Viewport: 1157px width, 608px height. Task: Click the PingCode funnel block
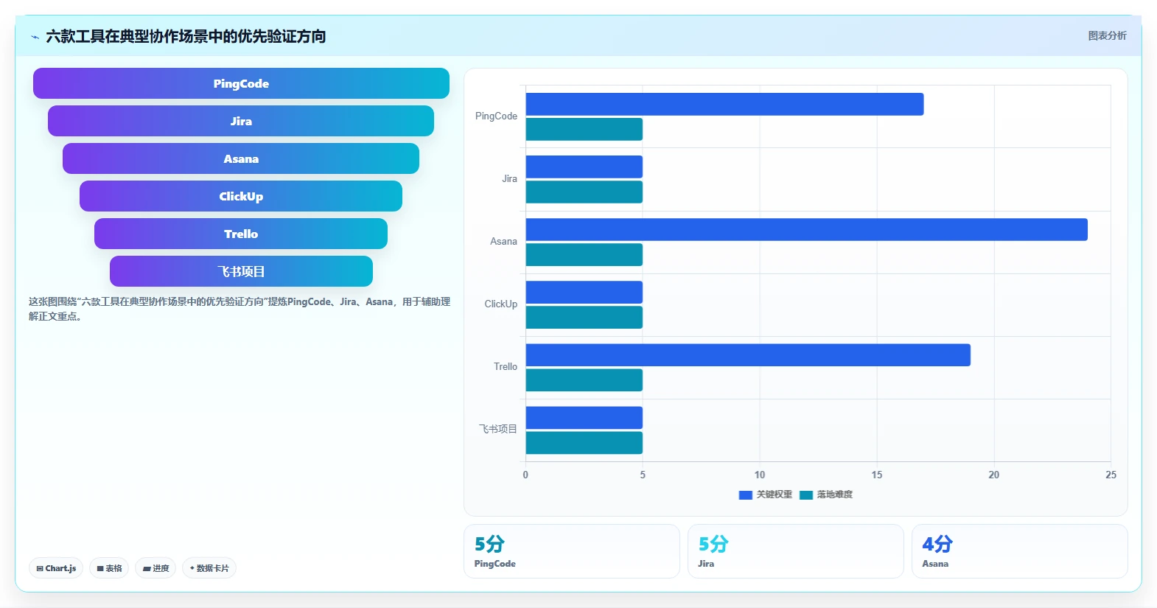coord(241,83)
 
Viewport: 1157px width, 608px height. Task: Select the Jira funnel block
coord(241,121)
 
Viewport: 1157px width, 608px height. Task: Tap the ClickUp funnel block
coord(241,196)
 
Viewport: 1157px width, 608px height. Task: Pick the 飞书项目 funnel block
coord(241,271)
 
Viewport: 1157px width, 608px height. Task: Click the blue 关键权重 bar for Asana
coord(807,229)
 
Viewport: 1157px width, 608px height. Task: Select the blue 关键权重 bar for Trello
coord(748,355)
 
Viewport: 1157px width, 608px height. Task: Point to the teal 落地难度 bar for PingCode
coord(584,129)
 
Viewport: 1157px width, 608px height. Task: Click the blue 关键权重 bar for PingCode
coord(724,104)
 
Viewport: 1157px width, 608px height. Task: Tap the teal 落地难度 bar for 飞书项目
coord(584,443)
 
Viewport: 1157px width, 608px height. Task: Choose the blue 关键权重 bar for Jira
coord(584,167)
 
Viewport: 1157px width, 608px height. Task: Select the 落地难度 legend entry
coord(826,495)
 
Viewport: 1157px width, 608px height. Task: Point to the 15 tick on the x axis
coord(876,475)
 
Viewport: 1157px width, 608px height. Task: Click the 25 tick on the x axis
coord(1111,475)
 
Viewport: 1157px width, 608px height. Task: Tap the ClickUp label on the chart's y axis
coord(500,304)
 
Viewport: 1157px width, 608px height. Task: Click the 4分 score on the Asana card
coord(937,544)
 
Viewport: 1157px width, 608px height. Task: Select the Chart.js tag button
coord(56,568)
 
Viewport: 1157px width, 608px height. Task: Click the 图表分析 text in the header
coord(1108,35)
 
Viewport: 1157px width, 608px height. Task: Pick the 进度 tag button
coord(155,568)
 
